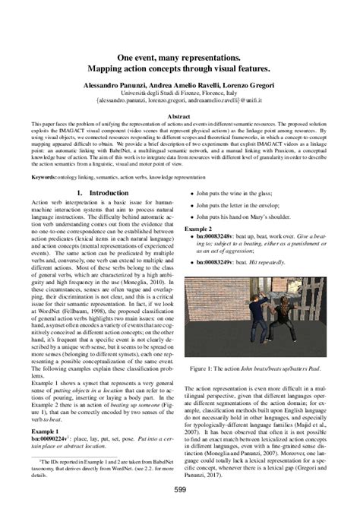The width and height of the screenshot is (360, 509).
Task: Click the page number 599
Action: click(x=179, y=491)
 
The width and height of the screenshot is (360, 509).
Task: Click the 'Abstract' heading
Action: click(x=180, y=117)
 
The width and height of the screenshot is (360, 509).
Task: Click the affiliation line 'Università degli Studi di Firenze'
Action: click(x=180, y=90)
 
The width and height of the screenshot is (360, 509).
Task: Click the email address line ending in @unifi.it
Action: click(x=180, y=100)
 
